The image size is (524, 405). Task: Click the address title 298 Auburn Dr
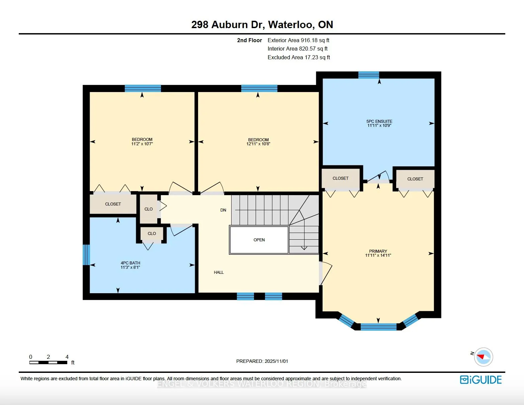point(262,24)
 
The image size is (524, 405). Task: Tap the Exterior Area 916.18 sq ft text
point(298,40)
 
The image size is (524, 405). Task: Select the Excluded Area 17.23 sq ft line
point(298,57)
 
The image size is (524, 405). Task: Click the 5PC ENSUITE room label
point(379,123)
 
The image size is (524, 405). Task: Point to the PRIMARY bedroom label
point(378,253)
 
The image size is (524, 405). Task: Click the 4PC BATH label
point(130,265)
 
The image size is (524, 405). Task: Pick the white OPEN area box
point(259,240)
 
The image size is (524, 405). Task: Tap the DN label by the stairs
point(223,210)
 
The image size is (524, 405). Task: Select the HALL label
point(219,272)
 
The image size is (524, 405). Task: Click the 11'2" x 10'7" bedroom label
point(142,142)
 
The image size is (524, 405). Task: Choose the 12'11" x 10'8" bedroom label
point(258,142)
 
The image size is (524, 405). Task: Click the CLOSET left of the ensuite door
point(340,178)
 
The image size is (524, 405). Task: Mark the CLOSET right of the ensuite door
point(415,179)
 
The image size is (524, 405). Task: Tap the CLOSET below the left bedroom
point(113,204)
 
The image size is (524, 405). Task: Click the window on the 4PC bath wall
point(86,254)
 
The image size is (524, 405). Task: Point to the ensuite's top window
point(368,75)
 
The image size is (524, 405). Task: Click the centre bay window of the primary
point(378,327)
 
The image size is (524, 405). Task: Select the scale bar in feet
point(49,362)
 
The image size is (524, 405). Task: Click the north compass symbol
point(483,357)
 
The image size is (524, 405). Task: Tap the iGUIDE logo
point(481,380)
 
